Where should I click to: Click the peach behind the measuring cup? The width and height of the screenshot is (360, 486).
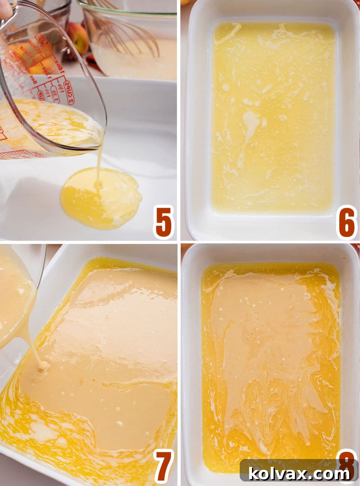[x=77, y=36]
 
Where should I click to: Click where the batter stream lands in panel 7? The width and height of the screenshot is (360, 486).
[x=43, y=365]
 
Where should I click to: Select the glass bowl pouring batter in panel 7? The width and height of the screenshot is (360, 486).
[x=15, y=300]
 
